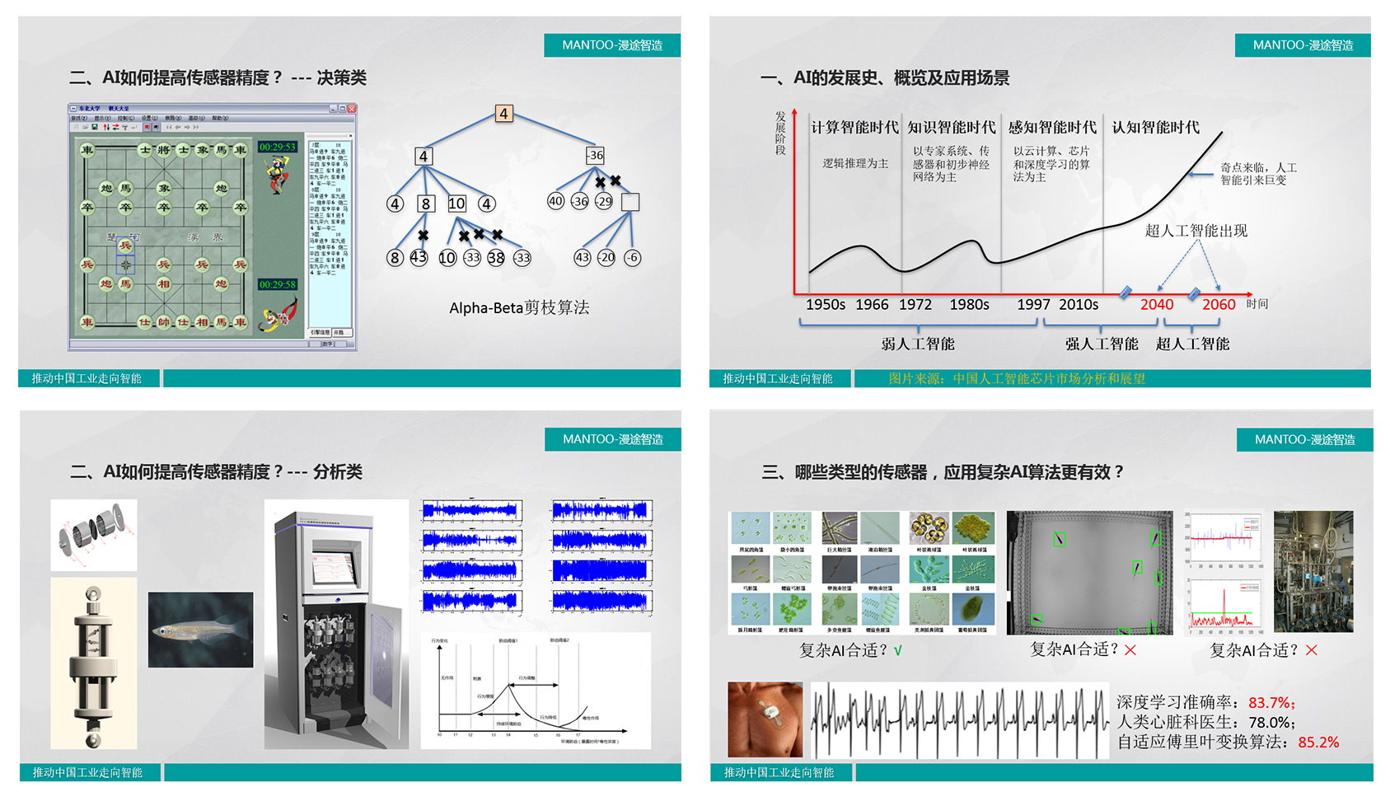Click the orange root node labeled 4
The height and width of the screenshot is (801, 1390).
[503, 114]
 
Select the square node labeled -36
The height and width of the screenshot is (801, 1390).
[595, 155]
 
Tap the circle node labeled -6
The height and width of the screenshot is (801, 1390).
[632, 257]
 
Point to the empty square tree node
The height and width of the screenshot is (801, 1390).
[630, 202]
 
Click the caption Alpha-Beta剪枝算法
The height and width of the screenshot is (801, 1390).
[519, 308]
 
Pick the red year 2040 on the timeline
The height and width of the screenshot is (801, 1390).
[1156, 305]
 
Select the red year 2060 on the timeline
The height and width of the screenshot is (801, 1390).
[1219, 305]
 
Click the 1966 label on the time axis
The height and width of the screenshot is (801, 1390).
[872, 305]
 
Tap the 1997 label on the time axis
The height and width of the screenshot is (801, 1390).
[1033, 305]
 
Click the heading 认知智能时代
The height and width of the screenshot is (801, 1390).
[1155, 128]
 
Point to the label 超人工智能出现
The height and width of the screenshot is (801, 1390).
[1196, 231]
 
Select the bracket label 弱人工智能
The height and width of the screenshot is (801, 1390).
[918, 344]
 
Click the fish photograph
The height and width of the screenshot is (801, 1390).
[200, 630]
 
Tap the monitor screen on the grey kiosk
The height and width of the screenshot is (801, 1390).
[336, 568]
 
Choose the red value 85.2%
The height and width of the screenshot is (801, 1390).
[1318, 742]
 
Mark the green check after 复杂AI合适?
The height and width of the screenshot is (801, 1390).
[898, 650]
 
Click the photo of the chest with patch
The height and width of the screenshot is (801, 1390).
[765, 719]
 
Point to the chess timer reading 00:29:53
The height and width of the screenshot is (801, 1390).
[277, 148]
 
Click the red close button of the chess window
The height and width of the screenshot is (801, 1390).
[352, 109]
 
